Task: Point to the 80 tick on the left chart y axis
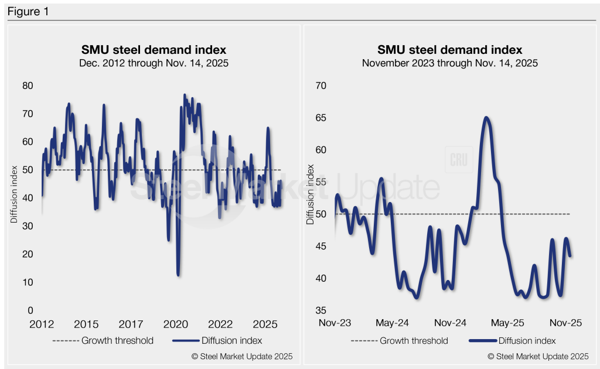click(28, 86)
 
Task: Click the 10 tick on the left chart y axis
click(28, 282)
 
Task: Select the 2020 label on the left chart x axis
click(175, 324)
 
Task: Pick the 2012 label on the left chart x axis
click(42, 324)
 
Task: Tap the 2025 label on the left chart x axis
click(264, 324)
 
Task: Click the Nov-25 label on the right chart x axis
click(565, 323)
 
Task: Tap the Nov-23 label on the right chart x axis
click(335, 323)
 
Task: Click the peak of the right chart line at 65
click(486, 118)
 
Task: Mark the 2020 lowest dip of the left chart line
click(178, 274)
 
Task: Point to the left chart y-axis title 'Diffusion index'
click(13, 197)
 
